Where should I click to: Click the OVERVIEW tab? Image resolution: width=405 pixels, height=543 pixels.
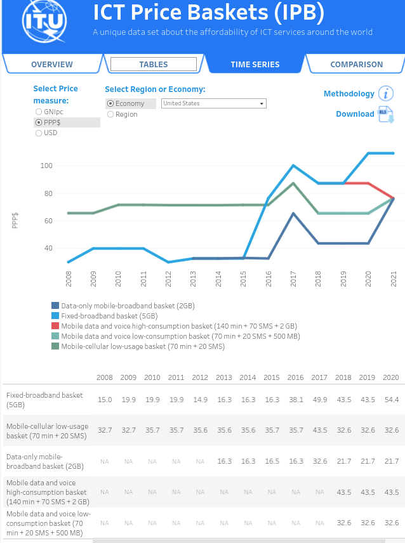tap(52, 65)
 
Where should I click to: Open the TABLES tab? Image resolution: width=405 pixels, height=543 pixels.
tap(154, 65)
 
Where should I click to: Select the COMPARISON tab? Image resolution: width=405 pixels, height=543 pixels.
tap(357, 65)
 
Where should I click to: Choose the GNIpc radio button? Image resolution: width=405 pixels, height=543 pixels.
tap(39, 112)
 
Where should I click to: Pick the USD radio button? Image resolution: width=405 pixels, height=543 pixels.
tap(39, 133)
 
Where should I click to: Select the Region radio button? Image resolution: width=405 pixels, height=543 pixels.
tap(110, 114)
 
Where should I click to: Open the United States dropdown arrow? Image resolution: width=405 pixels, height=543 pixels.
tap(262, 103)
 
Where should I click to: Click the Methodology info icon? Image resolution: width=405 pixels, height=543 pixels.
tap(385, 93)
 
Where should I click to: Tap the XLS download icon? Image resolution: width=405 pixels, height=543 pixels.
tap(385, 115)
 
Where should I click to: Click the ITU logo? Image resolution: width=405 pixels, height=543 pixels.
tap(44, 21)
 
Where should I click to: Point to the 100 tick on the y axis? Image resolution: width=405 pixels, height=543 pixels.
tap(46, 166)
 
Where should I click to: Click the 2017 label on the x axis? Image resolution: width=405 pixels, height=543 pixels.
tap(293, 279)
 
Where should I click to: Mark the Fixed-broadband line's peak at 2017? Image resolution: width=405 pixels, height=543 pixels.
tap(293, 166)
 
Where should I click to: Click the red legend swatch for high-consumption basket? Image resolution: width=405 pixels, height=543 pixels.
tap(55, 326)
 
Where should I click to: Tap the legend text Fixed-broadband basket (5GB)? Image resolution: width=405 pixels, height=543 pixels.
tap(109, 316)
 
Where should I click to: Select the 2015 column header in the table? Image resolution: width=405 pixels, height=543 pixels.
tap(272, 377)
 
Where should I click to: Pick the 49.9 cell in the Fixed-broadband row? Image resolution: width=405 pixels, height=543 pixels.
tap(319, 400)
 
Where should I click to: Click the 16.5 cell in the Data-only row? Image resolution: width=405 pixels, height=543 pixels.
tap(272, 461)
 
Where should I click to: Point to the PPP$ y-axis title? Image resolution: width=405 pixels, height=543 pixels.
tap(15, 221)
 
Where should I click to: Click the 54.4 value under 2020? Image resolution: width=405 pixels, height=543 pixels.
tap(392, 400)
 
